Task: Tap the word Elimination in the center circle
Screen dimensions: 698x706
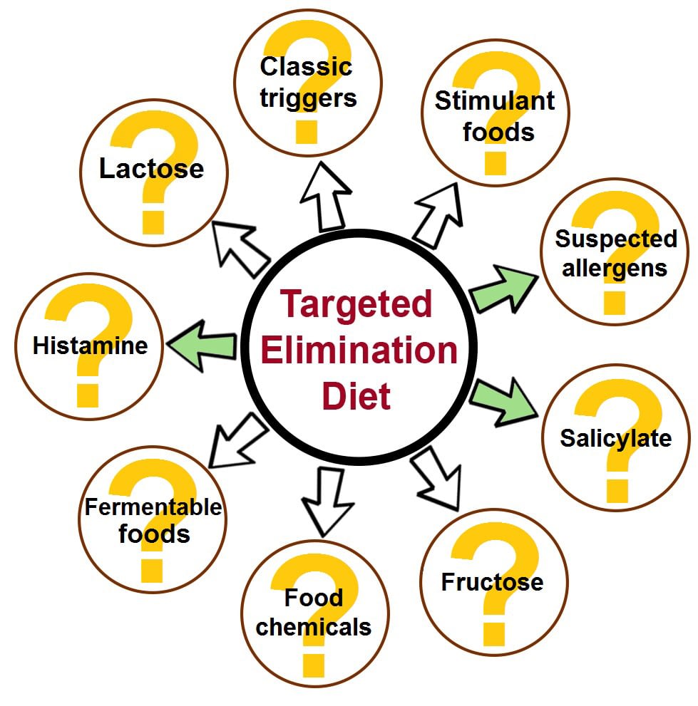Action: [359, 351]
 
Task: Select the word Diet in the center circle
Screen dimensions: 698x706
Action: [356, 396]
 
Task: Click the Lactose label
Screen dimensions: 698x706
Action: [151, 168]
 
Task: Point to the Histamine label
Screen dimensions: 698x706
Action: [90, 346]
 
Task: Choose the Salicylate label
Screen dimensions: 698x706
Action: [615, 439]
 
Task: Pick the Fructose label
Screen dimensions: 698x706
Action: [492, 582]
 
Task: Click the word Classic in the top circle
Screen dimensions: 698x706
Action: [306, 67]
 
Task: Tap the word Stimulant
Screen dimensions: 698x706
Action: [494, 100]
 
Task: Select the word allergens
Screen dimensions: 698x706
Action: [614, 269]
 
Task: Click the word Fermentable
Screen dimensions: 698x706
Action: [153, 507]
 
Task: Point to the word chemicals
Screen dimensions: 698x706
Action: [313, 627]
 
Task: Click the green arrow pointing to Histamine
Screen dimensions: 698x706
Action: [202, 346]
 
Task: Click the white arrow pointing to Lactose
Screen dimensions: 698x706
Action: [240, 249]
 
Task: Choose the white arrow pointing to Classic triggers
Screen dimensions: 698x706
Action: [326, 197]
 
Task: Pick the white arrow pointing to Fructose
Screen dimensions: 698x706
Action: [436, 478]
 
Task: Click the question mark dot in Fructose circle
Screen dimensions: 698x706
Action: [494, 635]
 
